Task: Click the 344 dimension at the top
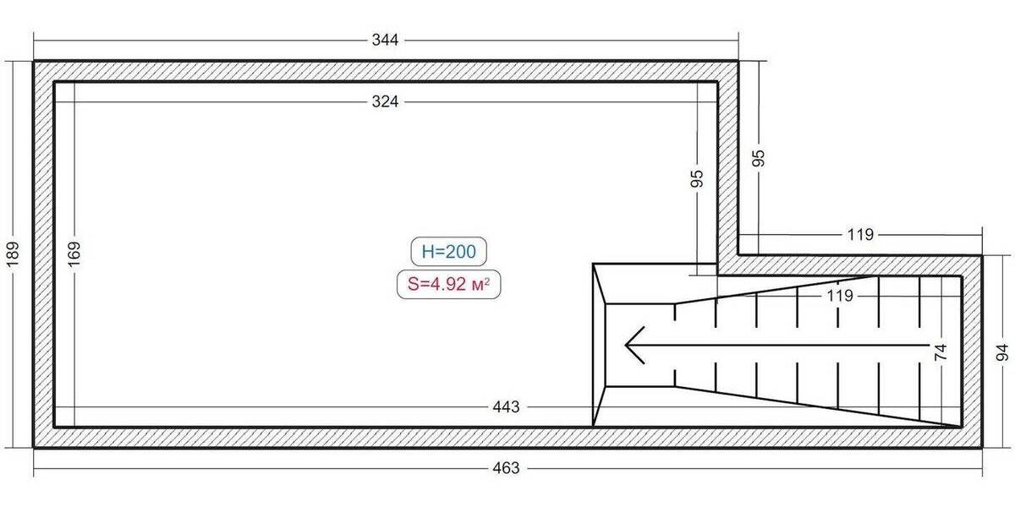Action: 385,40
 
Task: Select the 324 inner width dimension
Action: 385,101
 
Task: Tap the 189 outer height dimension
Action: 13,254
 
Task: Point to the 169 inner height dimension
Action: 74,254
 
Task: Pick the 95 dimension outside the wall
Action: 758,158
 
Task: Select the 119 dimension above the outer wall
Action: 860,235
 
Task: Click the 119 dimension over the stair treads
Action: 840,296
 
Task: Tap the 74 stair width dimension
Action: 941,352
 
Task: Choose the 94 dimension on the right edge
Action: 1001,352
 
